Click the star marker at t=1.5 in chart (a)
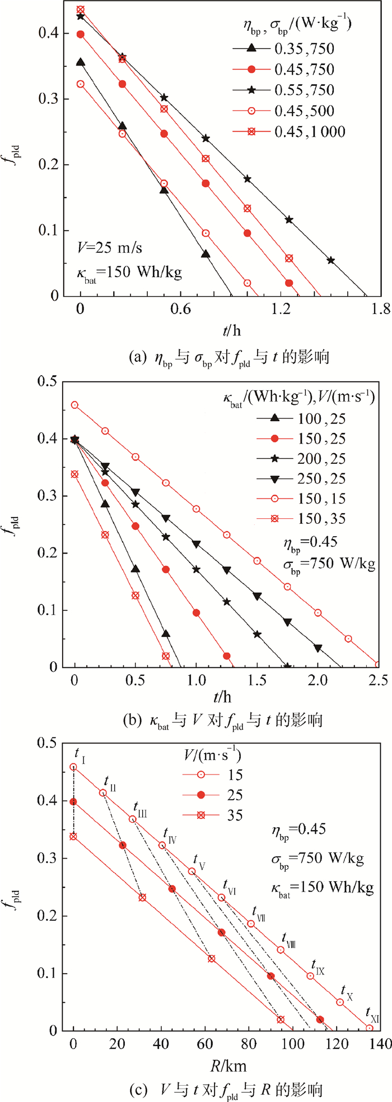pos(330,260)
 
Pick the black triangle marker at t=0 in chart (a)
pos(81,62)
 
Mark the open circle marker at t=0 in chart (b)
pos(74,405)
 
